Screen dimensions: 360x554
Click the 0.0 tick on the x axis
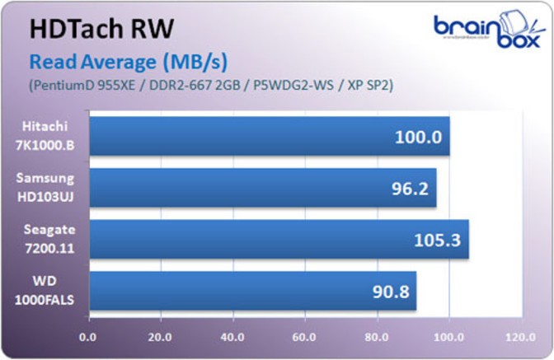point(87,336)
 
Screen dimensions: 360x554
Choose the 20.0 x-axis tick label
point(160,336)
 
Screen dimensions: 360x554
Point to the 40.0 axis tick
point(232,336)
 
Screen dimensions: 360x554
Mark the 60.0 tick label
point(305,336)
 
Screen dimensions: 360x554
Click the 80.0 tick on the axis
point(378,336)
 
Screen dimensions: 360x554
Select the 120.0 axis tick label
point(520,336)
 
